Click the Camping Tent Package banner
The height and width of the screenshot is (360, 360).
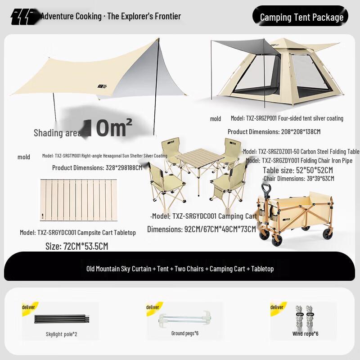(x=301, y=17)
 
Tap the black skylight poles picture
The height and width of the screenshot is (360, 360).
(x=61, y=319)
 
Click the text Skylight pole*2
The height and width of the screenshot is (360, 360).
(x=61, y=334)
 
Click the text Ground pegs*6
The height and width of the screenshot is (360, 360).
(x=184, y=333)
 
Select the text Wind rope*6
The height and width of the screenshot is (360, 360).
(x=305, y=334)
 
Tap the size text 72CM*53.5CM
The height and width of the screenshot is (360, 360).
(x=76, y=247)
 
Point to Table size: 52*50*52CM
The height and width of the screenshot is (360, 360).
(x=298, y=170)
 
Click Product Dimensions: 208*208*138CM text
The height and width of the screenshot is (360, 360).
(x=274, y=132)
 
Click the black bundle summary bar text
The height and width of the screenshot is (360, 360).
(x=180, y=269)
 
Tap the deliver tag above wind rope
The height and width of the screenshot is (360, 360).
(x=277, y=307)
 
